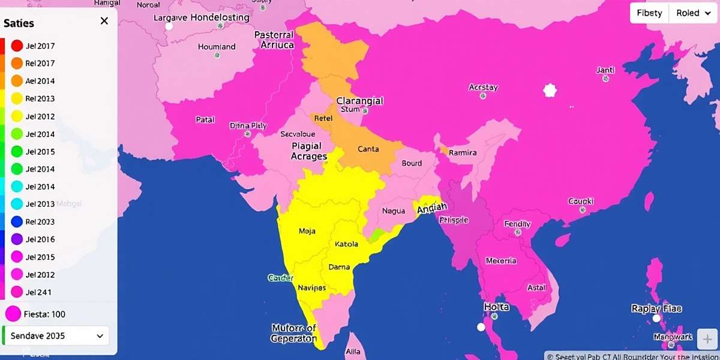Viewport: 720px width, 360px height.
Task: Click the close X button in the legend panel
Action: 104,21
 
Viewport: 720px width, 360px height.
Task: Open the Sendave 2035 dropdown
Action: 56,336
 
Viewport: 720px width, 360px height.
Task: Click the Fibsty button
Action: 649,13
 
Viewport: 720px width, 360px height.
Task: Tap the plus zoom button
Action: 706,340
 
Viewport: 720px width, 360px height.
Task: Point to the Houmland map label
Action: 217,47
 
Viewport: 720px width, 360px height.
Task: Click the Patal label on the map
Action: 205,119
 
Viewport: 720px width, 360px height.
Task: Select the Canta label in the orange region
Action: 368,149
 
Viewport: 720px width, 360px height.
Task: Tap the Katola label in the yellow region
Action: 346,244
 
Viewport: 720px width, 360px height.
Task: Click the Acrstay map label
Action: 483,88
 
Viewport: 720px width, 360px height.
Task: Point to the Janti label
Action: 605,70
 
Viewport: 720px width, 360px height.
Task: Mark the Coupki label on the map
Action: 581,202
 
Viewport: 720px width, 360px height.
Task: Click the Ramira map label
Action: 463,153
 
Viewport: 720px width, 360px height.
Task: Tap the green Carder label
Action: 280,278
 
